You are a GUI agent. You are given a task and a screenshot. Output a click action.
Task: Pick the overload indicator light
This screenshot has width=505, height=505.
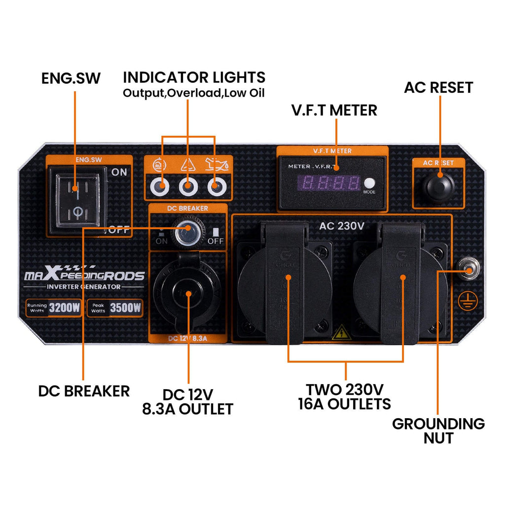188,187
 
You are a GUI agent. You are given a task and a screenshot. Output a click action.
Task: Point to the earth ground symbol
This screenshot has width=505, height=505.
465,301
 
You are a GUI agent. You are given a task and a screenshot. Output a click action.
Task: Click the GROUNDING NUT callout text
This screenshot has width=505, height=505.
438,430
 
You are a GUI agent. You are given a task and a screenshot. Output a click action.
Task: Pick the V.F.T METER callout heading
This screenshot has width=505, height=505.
334,110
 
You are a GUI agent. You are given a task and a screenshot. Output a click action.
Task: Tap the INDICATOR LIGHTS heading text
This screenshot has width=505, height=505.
194,77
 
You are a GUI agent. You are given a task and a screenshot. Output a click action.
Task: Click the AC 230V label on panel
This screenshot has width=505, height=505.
341,226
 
